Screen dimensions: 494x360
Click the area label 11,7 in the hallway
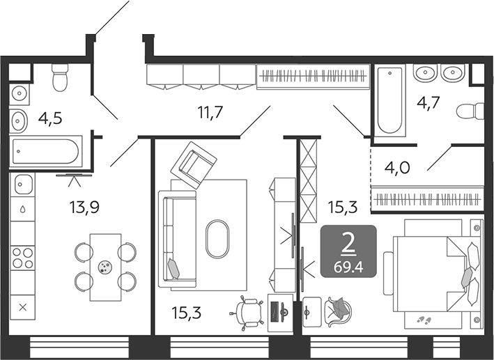tap(210, 112)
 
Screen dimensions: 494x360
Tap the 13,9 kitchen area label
tap(84, 208)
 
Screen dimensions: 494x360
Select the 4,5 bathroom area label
tap(50, 118)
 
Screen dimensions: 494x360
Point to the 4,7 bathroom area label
tap(428, 102)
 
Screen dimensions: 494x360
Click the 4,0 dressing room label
tap(397, 168)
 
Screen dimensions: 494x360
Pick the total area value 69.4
tap(348, 267)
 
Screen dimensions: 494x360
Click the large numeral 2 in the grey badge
tap(348, 244)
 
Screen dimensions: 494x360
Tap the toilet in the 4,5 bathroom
tap(60, 77)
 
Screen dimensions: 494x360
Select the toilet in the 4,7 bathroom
tap(470, 111)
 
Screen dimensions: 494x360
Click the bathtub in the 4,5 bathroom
tap(46, 152)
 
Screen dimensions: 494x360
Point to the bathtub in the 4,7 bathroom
tap(389, 100)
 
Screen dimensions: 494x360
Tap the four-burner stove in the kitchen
tap(23, 258)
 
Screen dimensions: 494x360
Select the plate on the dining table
tap(105, 267)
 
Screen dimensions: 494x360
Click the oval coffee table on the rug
tap(217, 239)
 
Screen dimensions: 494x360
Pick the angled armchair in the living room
tap(194, 165)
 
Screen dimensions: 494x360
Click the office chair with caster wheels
tap(247, 313)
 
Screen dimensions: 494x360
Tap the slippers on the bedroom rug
tap(424, 320)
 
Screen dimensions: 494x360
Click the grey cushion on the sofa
tap(173, 269)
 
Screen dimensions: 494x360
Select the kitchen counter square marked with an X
tap(23, 307)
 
